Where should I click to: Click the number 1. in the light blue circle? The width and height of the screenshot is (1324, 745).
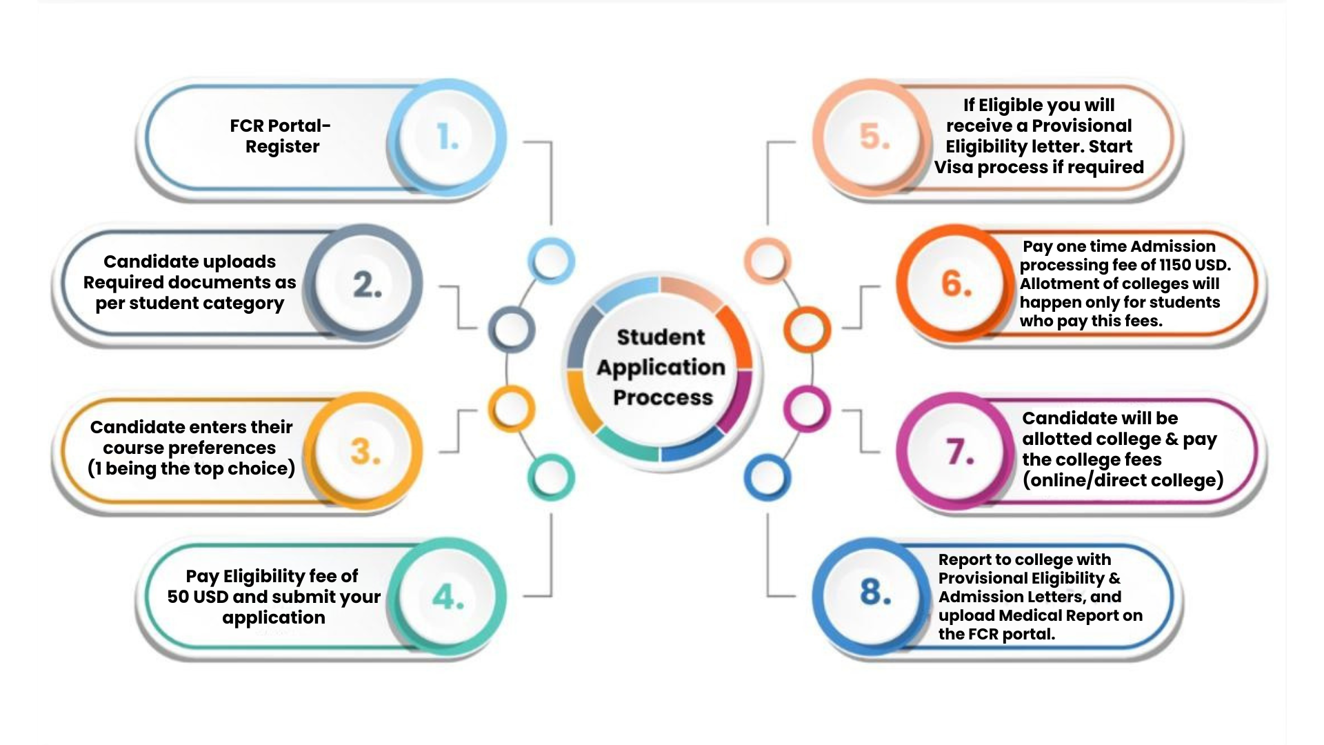coord(448,137)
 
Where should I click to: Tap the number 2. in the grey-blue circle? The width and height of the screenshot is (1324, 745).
coord(367,284)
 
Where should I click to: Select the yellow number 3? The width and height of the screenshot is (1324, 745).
coord(365,452)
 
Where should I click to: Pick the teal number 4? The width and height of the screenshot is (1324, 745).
coord(448,597)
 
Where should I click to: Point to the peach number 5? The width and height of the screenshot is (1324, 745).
coord(874,137)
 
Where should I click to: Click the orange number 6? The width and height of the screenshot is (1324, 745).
coord(956,284)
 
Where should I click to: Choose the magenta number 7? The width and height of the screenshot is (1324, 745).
coord(959,452)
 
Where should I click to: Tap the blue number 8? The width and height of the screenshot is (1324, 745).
coord(875,592)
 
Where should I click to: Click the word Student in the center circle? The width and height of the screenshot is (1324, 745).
coord(661,337)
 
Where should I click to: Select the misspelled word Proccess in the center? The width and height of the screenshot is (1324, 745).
coord(663,398)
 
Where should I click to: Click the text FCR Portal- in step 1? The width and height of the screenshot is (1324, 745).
coord(280,126)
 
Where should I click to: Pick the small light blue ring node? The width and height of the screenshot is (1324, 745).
coord(551,261)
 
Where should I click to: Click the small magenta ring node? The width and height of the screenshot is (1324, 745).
coord(806,409)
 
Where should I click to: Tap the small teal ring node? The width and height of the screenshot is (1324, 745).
coord(551,477)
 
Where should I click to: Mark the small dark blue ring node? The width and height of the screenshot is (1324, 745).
coord(767,477)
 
